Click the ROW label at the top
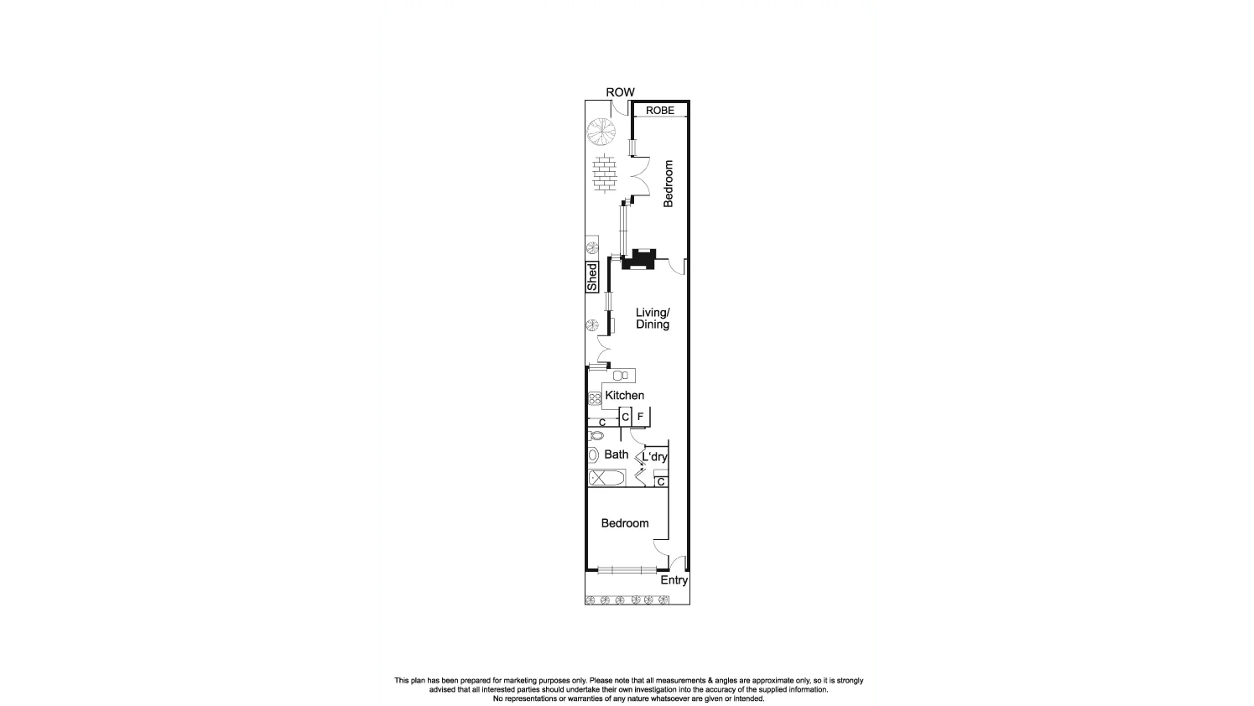[620, 92]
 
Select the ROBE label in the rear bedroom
[659, 111]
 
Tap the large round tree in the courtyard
[601, 131]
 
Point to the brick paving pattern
[604, 174]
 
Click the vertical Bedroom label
[669, 184]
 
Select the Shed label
[592, 278]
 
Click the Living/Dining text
[653, 319]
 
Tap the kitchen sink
[622, 376]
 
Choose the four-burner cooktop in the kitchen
[595, 398]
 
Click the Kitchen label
[625, 396]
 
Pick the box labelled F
[640, 417]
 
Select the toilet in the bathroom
[596, 436]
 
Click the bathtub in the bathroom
[606, 478]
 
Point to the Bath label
[617, 454]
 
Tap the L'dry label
[654, 457]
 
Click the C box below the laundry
[661, 482]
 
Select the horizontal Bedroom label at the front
[625, 523]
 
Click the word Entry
[674, 580]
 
